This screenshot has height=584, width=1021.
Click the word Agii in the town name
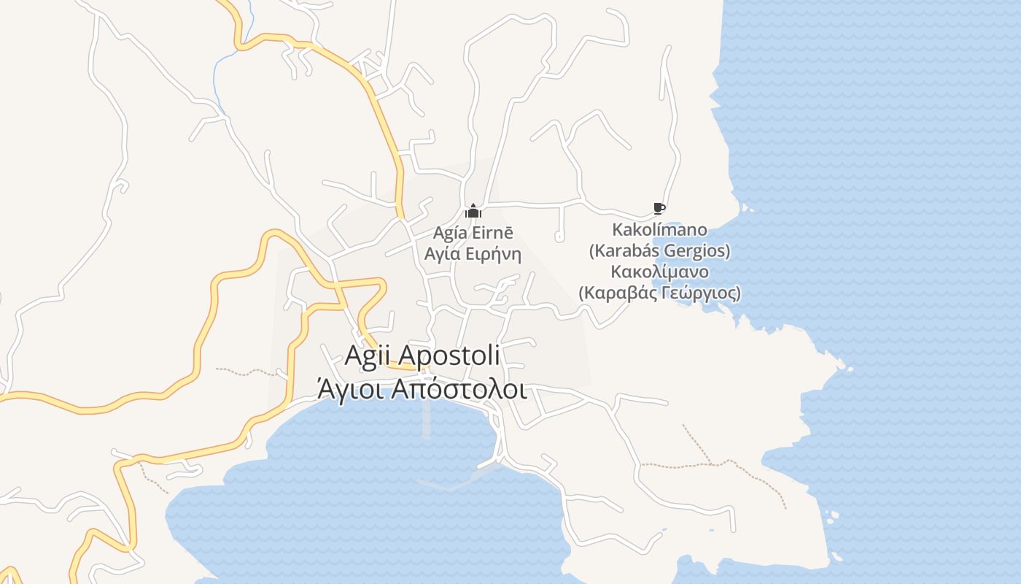point(369,356)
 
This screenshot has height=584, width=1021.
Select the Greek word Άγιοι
point(350,390)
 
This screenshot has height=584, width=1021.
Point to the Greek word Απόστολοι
point(459,390)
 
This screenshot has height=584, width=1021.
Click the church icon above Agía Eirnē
point(473,212)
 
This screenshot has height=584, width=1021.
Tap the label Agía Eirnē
point(473,233)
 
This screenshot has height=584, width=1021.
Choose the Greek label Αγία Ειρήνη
point(473,254)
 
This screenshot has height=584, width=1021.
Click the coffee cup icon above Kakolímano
point(659,209)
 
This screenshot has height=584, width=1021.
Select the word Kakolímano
point(659,230)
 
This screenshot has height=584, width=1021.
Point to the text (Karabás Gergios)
point(659,251)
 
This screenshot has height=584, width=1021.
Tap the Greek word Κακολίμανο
point(659,272)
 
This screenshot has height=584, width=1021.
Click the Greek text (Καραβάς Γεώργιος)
point(659,293)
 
